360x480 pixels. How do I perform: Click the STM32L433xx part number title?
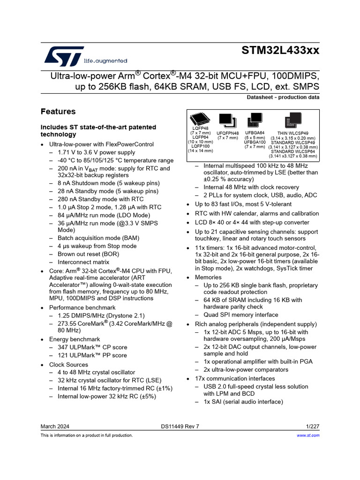281,51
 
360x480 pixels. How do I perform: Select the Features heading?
58,112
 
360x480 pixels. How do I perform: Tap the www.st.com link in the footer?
308,435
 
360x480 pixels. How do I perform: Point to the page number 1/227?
312,426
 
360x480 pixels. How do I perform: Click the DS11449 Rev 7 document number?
180,426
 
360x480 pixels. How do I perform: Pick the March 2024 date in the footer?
55,426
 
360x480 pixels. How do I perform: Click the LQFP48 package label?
200,128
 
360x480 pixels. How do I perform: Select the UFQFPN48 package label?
228,133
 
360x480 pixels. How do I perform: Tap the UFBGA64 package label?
255,133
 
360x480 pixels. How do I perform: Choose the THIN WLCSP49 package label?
293,133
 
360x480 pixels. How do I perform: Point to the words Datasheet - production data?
283,97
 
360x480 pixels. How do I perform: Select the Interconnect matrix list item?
83,262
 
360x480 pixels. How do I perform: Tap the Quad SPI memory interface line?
240,315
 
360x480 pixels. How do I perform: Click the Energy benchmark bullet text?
75,339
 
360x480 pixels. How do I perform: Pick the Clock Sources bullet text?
69,364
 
